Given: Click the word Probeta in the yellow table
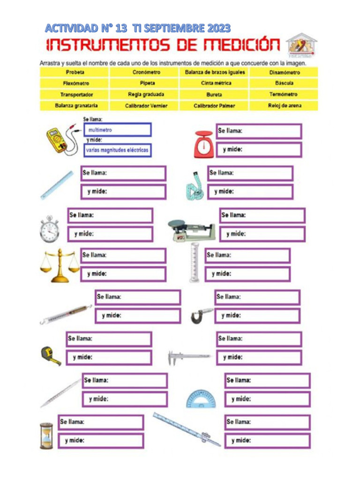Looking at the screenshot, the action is click(75, 73).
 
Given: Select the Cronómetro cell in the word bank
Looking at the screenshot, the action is click(146, 73).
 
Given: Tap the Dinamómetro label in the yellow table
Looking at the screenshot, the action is click(285, 73).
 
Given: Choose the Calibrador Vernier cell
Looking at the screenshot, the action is click(146, 106).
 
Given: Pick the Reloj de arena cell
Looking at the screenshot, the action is click(285, 106).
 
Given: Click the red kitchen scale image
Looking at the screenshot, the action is click(204, 143).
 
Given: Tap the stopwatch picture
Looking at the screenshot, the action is click(49, 229).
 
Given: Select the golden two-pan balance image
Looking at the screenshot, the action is click(60, 265).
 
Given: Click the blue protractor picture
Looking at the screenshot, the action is click(201, 399).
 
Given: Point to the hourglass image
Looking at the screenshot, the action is click(46, 436).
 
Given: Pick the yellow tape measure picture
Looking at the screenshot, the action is click(50, 355).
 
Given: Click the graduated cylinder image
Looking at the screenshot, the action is click(194, 262).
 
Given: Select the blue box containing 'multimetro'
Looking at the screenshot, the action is click(117, 130).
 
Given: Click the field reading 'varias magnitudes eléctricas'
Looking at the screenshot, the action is click(117, 150).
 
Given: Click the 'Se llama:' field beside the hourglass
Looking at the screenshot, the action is click(101, 422).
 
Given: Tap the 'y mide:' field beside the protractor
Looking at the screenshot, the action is click(268, 399).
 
